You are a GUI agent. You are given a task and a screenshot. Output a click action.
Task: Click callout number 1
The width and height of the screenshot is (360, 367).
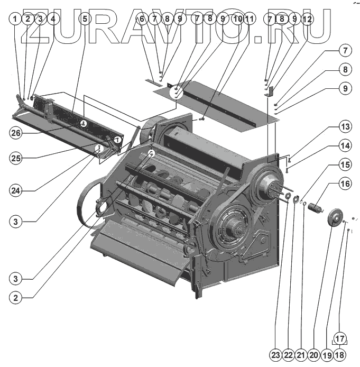[15, 19]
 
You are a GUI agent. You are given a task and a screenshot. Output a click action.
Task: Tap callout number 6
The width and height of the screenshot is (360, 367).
[140, 19]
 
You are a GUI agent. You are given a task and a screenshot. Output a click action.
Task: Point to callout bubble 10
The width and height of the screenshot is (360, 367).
[237, 19]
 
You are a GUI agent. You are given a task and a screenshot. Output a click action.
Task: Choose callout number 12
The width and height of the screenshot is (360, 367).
[307, 19]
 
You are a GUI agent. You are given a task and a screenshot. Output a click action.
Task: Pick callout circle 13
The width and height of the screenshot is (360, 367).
[345, 127]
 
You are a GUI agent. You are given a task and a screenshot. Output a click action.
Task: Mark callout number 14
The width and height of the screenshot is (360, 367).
[345, 145]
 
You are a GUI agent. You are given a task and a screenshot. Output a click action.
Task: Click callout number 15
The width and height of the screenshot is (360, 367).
[345, 165]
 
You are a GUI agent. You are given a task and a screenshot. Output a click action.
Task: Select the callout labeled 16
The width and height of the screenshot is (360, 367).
[345, 185]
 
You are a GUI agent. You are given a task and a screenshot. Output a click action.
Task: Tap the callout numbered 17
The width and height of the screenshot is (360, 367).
[340, 337]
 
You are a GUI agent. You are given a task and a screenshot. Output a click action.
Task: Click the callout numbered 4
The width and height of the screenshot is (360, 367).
[52, 19]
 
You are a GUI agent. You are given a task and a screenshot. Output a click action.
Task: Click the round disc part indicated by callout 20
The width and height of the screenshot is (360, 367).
[334, 217]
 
